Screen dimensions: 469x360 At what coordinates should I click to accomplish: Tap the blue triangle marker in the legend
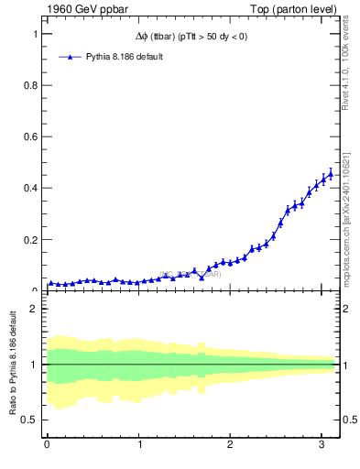click(70, 57)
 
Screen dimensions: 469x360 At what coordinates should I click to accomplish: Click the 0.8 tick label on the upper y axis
click(30, 85)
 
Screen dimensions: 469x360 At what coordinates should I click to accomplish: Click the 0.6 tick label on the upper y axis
click(30, 136)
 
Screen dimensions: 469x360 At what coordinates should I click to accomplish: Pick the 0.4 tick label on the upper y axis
click(30, 188)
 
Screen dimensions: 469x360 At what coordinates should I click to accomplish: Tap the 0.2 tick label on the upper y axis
click(30, 240)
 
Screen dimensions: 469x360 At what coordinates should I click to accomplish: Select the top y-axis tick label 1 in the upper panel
click(35, 34)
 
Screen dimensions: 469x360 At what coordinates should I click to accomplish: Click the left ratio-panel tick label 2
click(35, 309)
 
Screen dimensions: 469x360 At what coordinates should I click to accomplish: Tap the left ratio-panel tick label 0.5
click(30, 420)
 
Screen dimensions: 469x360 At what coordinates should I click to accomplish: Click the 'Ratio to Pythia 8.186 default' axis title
click(14, 366)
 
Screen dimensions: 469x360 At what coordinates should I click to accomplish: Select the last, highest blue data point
click(331, 173)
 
